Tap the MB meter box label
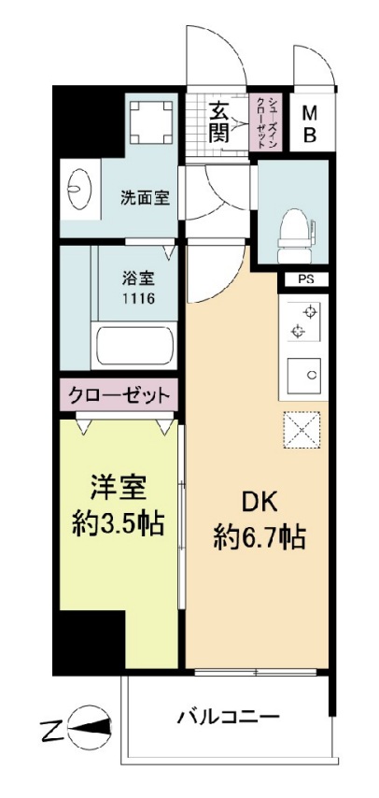(x=309, y=122)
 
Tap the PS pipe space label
(x=305, y=278)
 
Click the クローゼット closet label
(x=118, y=394)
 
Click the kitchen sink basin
(x=304, y=375)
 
